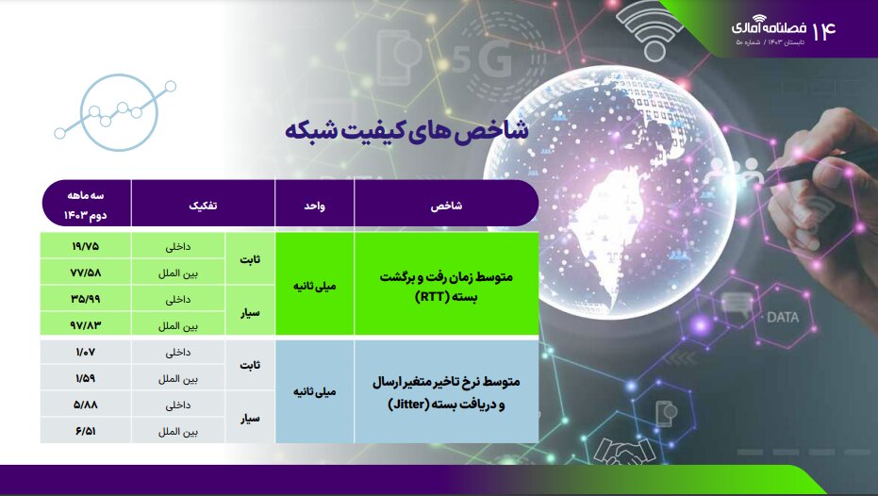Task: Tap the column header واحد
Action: pos(314,204)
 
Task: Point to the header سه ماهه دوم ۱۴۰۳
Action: pos(85,204)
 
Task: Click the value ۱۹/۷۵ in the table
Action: pos(85,246)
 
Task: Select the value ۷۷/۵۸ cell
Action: pos(85,273)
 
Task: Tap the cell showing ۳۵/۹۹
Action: pos(85,299)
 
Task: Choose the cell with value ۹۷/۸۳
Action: pos(85,325)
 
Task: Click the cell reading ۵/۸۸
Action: pos(85,405)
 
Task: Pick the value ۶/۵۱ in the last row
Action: pos(85,431)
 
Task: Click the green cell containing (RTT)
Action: pos(445,286)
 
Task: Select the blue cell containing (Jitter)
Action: pos(445,391)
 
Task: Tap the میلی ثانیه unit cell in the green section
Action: pos(314,286)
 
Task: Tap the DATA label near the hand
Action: pos(782,318)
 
